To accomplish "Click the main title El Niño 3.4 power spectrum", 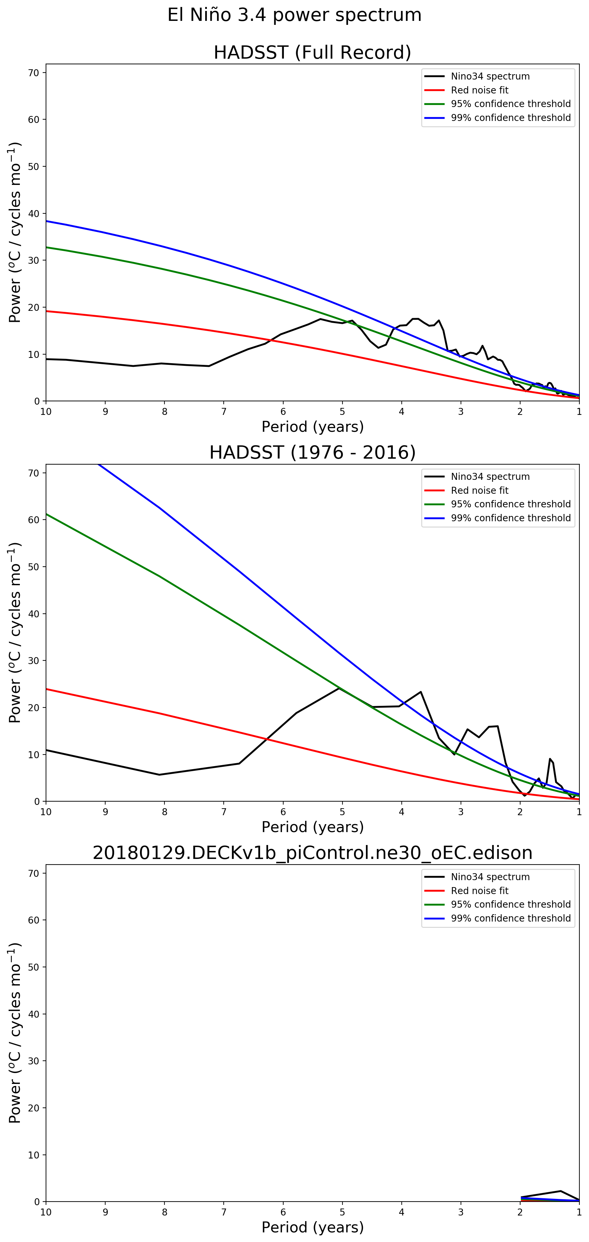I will click(294, 15).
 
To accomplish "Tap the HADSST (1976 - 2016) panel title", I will click(312, 453).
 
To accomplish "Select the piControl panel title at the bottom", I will click(312, 853).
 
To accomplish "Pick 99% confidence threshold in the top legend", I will click(511, 118).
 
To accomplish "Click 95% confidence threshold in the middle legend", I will click(511, 504).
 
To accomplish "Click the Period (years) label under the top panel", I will click(312, 427).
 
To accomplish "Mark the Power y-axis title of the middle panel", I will click(15, 633).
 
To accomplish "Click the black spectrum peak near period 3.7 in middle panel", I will click(421, 692).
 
